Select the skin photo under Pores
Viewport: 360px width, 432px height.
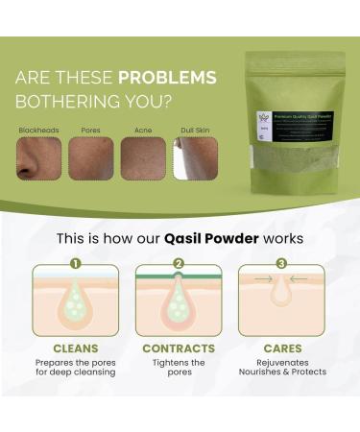tap(90, 157)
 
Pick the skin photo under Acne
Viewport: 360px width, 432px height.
tap(141, 157)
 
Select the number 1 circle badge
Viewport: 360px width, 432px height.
tap(75, 263)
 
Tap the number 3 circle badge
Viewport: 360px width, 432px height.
tap(281, 263)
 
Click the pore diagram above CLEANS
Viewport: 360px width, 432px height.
tap(76, 301)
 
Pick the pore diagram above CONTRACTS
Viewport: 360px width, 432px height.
tap(179, 301)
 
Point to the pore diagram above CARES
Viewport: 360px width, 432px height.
tap(281, 301)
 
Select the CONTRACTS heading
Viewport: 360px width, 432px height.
tap(179, 349)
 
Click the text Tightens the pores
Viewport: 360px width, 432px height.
tap(179, 368)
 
